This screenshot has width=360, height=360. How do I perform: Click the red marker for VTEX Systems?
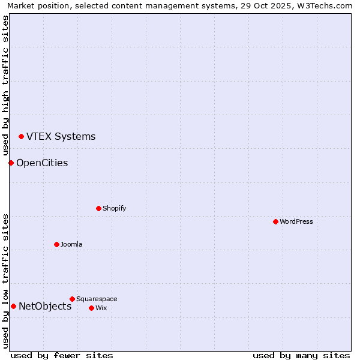click(21, 137)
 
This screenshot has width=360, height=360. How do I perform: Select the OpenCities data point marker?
click(11, 163)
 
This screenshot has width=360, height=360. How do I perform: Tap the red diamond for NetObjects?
click(13, 307)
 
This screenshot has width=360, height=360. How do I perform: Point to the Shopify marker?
click(98, 208)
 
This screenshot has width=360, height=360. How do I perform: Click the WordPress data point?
click(275, 221)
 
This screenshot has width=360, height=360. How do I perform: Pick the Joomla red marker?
click(56, 244)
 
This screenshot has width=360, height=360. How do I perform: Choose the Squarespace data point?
click(72, 299)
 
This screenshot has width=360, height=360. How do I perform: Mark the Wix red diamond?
click(91, 308)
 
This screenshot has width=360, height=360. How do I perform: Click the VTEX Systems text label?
click(61, 137)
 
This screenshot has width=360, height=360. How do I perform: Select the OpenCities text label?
click(42, 163)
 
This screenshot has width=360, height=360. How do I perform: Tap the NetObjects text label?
click(45, 307)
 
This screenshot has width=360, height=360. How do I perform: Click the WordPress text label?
click(296, 221)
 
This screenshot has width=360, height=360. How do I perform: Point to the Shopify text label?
click(114, 208)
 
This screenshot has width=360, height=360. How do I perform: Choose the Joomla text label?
click(71, 244)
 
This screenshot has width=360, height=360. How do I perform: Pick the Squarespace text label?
click(97, 299)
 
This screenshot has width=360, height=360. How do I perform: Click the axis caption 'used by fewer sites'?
click(62, 355)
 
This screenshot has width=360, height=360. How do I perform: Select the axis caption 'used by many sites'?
click(301, 355)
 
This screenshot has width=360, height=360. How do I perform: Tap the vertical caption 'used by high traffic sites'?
click(5, 86)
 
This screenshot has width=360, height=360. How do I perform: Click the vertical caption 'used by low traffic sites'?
click(5, 280)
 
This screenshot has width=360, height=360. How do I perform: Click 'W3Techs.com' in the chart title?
click(324, 5)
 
